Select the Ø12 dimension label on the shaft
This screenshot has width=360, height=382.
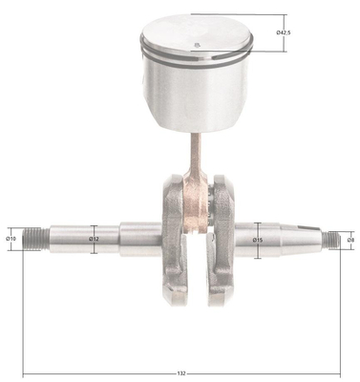click(94, 239)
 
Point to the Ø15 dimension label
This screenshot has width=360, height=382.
click(258, 240)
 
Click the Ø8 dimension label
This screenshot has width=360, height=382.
click(350, 240)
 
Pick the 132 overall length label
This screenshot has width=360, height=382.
click(181, 373)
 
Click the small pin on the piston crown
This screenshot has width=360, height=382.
click(197, 45)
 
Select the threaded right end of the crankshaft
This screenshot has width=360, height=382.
click(331, 241)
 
